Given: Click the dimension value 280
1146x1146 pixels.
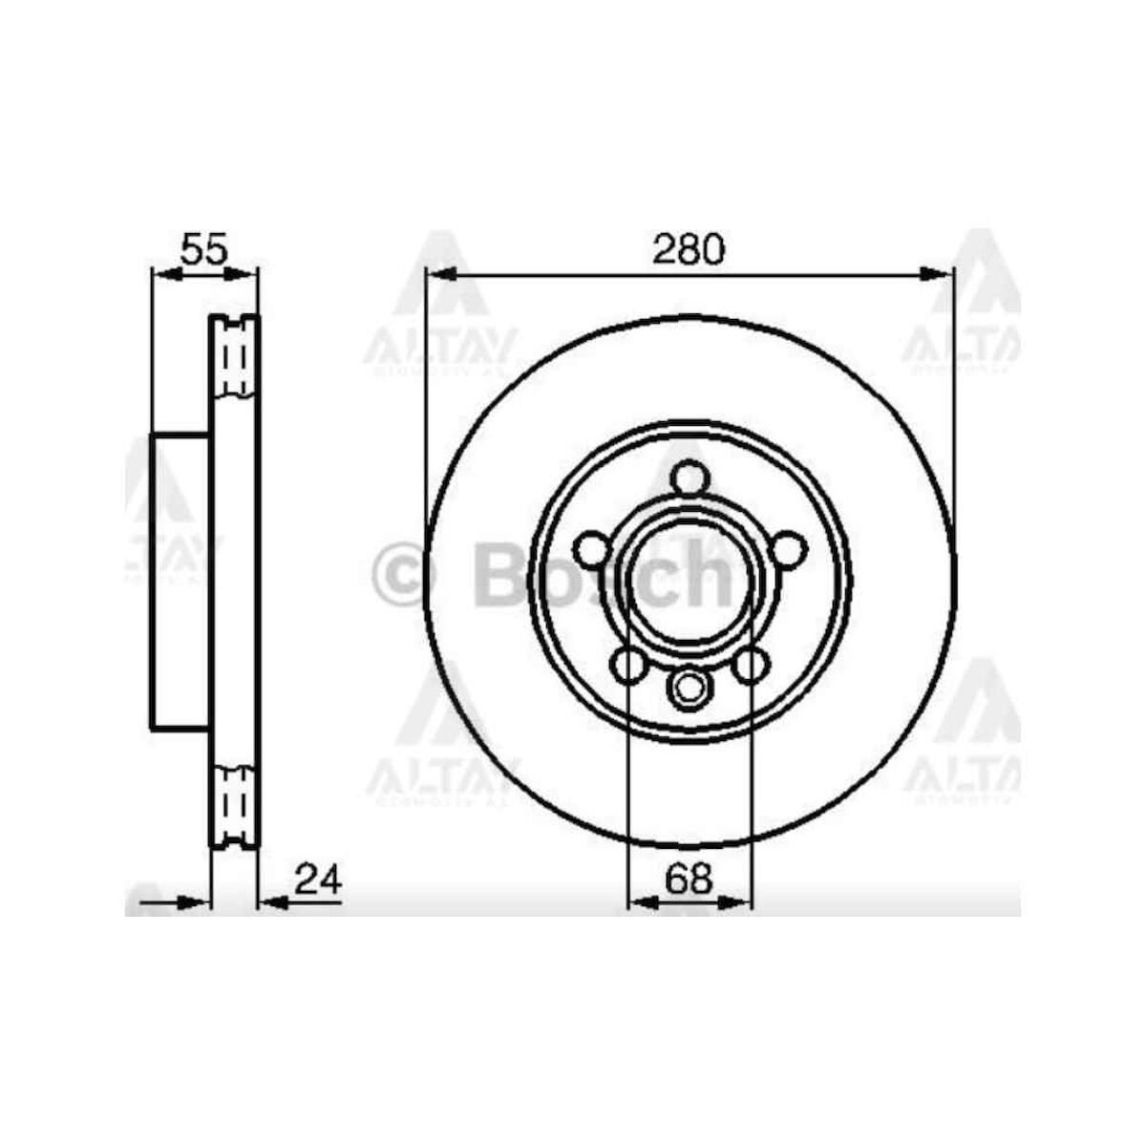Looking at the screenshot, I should [x=690, y=249].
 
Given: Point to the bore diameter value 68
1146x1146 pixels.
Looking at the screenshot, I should [x=690, y=879].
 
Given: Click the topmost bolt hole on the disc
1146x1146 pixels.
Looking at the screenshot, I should [x=689, y=477].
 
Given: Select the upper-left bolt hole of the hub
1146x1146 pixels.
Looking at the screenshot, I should [x=592, y=550].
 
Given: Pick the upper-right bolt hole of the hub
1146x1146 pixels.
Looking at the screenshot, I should [x=786, y=550].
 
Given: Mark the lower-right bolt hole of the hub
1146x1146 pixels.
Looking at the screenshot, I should [x=750, y=665].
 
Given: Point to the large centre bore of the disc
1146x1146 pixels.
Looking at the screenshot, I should [x=689, y=583].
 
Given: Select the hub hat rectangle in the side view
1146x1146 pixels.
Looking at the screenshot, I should [x=180, y=583].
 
